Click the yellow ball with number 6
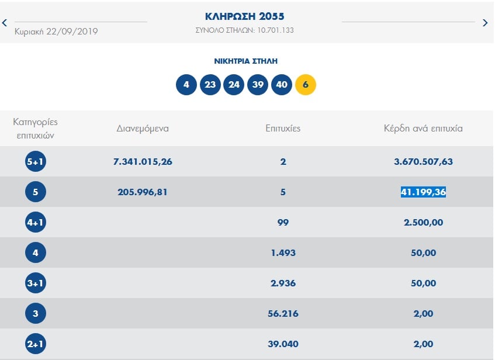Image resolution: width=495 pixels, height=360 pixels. [306, 84]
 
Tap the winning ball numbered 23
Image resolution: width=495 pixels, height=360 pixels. [210, 84]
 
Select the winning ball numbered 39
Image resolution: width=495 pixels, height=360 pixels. [258, 84]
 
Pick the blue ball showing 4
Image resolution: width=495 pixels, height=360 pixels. [186, 84]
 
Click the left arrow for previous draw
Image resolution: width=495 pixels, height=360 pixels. [5, 23]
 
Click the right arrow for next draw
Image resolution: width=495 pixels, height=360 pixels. [485, 23]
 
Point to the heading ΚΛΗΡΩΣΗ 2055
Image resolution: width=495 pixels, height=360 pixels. [245, 16]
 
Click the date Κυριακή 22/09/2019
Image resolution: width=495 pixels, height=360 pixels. [56, 32]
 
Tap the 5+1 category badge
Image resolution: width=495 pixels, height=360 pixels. [36, 161]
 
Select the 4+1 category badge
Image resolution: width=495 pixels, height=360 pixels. [36, 222]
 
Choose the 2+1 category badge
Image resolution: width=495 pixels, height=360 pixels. [36, 344]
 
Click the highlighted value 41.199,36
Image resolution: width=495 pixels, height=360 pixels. [423, 192]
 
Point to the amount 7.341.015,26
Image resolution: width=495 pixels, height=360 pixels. [143, 161]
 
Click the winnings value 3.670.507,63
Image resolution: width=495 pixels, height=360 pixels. [423, 161]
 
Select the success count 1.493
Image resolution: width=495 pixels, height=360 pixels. [283, 252]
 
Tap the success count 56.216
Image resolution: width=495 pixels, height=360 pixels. [283, 313]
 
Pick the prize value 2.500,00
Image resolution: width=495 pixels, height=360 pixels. [423, 222]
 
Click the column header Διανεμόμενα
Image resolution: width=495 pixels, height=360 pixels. [143, 128]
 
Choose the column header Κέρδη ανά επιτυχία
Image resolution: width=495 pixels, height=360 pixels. [423, 128]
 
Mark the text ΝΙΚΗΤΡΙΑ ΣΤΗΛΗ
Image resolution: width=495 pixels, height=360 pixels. [245, 61]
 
